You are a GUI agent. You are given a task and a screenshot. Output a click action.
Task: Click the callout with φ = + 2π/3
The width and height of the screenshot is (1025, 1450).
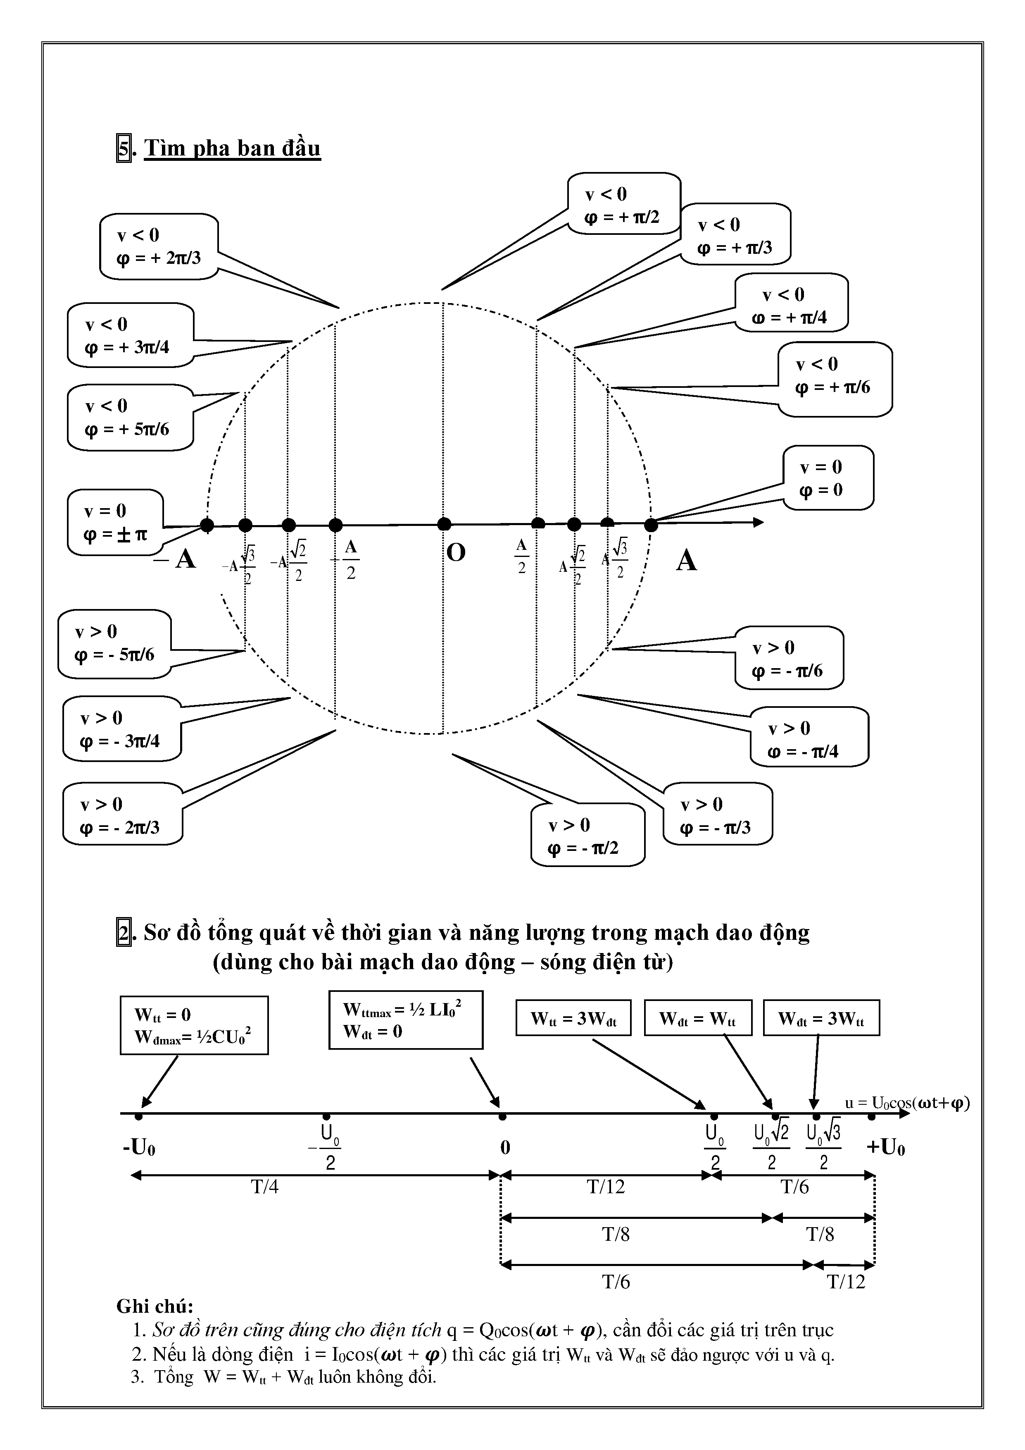click(158, 246)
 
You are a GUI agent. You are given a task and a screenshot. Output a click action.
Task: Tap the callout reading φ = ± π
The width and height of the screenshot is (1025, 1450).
click(115, 522)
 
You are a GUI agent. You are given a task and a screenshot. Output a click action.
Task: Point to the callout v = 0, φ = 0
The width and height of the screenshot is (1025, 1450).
click(828, 478)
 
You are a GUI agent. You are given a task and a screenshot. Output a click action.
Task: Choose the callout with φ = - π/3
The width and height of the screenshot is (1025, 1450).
click(717, 815)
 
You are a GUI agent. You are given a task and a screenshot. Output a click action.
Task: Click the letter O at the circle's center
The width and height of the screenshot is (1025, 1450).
click(456, 553)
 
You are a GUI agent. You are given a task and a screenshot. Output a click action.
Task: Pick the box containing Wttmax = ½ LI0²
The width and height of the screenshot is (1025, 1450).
click(405, 1020)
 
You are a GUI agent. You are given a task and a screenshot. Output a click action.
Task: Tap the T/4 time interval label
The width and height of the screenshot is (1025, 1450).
click(265, 1187)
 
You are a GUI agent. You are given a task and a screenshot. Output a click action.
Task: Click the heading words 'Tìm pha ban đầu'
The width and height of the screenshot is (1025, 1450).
click(232, 148)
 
